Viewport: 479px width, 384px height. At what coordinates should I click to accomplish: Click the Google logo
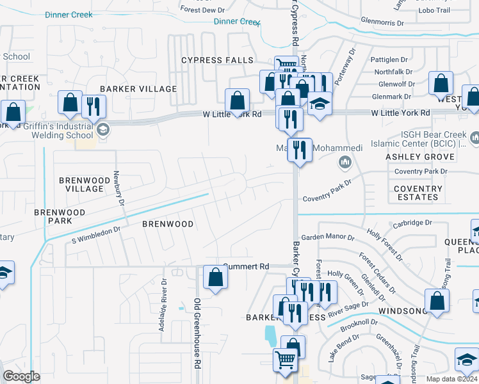point(21,376)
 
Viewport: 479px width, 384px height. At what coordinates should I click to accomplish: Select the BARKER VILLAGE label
point(138,89)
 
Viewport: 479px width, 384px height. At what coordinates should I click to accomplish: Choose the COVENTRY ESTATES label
point(418,193)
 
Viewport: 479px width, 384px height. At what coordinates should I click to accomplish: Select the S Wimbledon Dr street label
point(96,233)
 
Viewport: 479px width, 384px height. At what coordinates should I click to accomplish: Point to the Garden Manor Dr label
point(327,237)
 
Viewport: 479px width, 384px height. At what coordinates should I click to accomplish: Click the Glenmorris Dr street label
point(382,22)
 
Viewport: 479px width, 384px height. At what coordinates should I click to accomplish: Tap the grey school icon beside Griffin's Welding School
point(102,131)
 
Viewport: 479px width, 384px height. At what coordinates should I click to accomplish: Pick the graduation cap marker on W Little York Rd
point(320,104)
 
